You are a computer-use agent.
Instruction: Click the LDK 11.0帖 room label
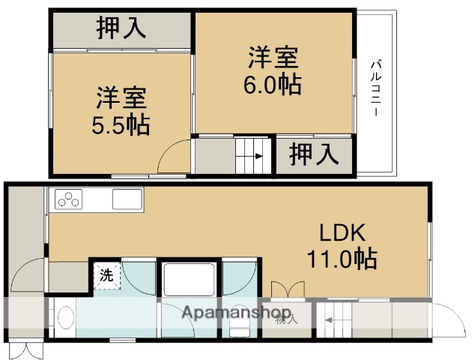(x=340, y=246)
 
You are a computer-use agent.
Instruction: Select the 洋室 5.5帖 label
(x=121, y=110)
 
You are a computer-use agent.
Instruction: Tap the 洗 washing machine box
(x=106, y=274)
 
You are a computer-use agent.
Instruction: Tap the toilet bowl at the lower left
(x=63, y=322)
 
